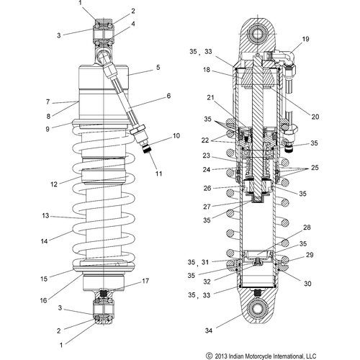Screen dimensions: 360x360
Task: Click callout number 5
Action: [158, 68]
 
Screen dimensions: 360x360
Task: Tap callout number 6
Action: [168, 96]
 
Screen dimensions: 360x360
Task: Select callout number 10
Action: [176, 136]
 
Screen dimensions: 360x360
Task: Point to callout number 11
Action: [158, 174]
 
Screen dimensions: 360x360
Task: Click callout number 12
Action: [54, 184]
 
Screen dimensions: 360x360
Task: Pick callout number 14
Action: [44, 241]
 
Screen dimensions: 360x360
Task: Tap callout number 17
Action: [145, 281]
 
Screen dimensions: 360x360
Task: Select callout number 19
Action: [305, 39]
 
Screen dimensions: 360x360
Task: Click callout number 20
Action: [315, 117]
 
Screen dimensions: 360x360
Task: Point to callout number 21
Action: [210, 98]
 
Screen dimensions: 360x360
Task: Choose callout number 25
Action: [315, 168]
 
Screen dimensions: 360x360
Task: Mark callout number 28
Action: [307, 228]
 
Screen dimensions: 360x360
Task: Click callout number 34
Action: [209, 330]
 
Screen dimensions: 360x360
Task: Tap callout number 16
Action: [43, 300]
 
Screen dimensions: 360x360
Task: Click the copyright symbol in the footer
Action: [210, 356]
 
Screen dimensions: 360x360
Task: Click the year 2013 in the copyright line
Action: [220, 356]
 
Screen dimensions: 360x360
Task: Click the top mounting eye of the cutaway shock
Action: [258, 33]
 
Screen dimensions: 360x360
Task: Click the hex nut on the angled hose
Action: [137, 129]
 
